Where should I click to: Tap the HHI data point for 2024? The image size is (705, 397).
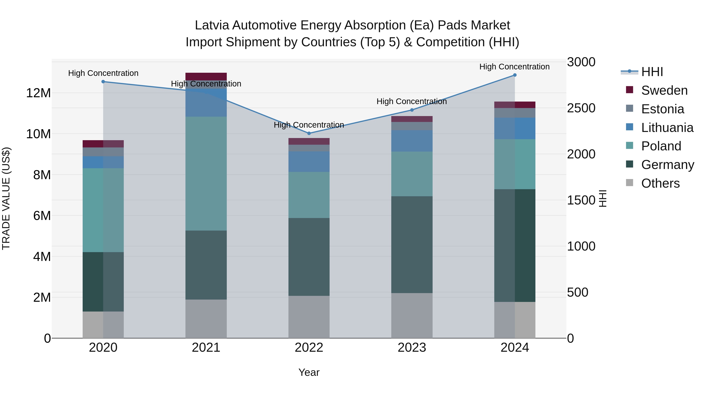(515, 75)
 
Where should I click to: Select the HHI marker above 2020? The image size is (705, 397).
(103, 82)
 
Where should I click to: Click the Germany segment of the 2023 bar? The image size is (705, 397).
(412, 245)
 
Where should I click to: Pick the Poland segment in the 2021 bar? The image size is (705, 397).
(206, 174)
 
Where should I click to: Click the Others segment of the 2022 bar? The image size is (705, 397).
(309, 317)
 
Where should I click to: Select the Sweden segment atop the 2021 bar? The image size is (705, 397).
(206, 76)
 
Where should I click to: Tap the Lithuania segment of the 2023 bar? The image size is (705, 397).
(412, 141)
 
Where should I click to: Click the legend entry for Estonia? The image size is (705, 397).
(662, 109)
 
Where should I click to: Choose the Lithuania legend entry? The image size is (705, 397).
(667, 128)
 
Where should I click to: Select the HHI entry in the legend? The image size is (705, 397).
(652, 72)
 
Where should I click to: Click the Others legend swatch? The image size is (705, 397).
(629, 183)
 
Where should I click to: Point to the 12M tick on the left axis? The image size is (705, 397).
(38, 93)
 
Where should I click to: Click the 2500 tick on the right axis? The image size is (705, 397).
(581, 108)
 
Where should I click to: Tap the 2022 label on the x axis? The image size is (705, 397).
(309, 348)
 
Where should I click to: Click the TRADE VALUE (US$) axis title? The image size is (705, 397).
(6, 198)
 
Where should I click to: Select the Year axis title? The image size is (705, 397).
(309, 372)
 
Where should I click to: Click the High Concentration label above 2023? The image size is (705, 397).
(412, 101)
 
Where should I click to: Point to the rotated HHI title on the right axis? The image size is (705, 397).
(603, 198)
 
